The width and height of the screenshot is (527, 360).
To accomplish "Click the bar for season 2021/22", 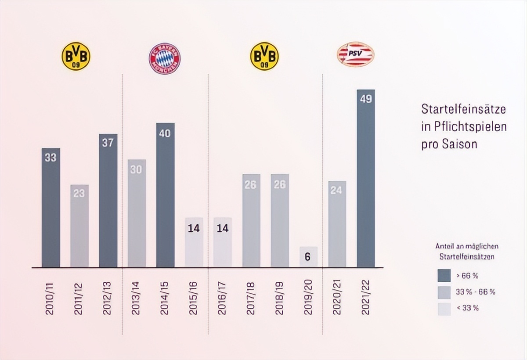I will [365, 180].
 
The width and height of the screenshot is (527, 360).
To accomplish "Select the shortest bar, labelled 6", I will [308, 257].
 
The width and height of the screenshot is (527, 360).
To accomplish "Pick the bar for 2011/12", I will [79, 226].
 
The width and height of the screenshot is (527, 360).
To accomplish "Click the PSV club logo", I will [355, 54].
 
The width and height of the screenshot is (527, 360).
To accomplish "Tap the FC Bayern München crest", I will [165, 58].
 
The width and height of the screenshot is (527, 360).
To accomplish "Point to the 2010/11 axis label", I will [51, 299].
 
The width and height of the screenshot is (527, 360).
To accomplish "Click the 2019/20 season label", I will [308, 299].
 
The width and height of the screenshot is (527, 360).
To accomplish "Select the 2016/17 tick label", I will [222, 299].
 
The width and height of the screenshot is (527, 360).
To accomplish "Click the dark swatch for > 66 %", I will [444, 276].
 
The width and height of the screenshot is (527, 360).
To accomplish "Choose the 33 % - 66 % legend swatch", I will [444, 292].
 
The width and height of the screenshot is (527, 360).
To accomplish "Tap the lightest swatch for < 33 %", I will [444, 308].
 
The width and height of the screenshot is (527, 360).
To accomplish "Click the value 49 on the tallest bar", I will [365, 99].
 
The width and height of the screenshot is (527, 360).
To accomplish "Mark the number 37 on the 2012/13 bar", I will [108, 143].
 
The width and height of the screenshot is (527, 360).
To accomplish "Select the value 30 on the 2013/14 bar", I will [137, 169].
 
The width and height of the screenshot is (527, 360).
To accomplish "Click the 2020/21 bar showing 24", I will [337, 224].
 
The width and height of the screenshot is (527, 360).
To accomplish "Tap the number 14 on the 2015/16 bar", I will [194, 228].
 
